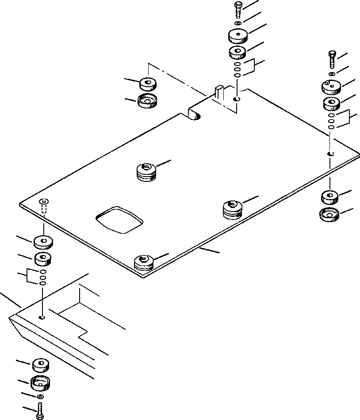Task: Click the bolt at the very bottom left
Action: tap(40, 411)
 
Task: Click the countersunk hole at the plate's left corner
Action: tap(43, 202)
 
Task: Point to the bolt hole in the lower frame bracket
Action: tap(42, 317)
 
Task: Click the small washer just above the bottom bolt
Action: tap(40, 397)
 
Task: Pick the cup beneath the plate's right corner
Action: tap(328, 215)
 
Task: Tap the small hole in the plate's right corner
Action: tap(330, 154)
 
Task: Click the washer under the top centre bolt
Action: tap(238, 23)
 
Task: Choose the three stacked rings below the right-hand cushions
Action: tap(331, 121)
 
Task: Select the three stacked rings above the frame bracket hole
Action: tap(42, 277)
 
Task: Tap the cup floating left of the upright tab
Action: tap(147, 100)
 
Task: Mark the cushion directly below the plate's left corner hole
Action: tap(43, 242)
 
